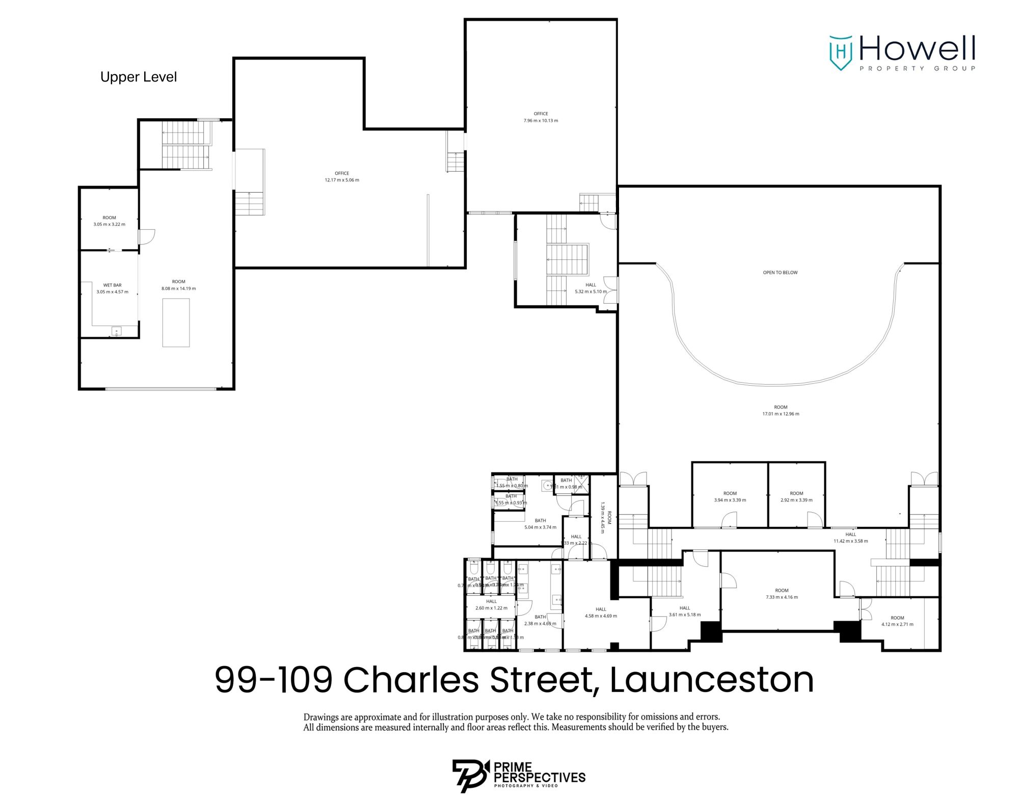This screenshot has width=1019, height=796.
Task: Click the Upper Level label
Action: coord(139,77)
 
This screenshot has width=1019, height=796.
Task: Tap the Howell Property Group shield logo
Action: coord(841,52)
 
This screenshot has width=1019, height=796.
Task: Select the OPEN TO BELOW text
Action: coord(780,273)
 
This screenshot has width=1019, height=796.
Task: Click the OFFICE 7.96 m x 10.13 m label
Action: coord(541,117)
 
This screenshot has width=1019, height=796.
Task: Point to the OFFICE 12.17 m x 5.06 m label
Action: coord(342,177)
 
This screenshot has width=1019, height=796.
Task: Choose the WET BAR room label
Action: coord(112,288)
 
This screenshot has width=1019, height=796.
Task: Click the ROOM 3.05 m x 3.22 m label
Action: coord(109,221)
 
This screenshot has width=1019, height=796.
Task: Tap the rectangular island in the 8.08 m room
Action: coord(176,323)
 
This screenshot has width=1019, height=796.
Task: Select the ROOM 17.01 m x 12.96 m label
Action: coord(781,410)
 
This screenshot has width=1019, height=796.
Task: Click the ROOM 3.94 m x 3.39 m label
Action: coord(730,496)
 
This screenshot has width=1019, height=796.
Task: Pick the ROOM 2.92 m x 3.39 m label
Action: coord(796,496)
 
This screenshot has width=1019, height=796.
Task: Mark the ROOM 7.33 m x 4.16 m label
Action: coord(782,594)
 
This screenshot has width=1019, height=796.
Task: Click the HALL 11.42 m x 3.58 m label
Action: coord(850,538)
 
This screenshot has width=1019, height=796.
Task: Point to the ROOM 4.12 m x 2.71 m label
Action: coord(897,621)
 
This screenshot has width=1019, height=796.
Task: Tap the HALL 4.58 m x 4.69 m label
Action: coord(601,613)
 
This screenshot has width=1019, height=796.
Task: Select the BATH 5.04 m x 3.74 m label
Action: coord(540,524)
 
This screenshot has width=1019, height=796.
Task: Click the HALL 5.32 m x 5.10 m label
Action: coord(591,288)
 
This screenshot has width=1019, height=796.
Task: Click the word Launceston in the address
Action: coord(711,679)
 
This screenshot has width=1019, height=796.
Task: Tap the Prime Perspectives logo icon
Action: coord(470,775)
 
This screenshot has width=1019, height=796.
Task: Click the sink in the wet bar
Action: coord(116,332)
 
